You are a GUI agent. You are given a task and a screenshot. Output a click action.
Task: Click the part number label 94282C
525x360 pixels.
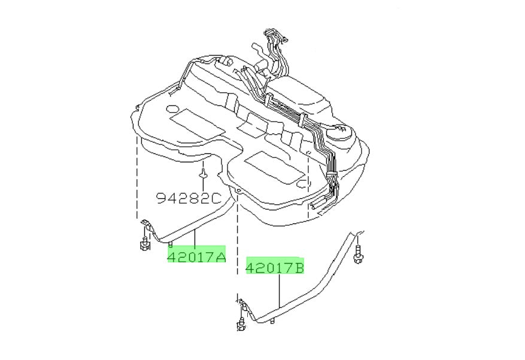(x=189, y=198)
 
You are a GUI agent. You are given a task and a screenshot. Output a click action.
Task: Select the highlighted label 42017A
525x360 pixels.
(x=196, y=257)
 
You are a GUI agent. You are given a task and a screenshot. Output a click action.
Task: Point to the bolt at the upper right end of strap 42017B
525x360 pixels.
(x=358, y=255)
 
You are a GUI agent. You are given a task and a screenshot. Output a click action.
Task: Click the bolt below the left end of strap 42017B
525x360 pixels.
(x=242, y=325)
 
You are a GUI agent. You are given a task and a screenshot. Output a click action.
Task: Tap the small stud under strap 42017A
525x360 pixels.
(x=171, y=244)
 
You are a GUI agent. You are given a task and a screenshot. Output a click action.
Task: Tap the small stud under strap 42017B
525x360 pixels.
(x=271, y=323)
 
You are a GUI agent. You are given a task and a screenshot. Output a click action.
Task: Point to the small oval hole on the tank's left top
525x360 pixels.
(x=171, y=110)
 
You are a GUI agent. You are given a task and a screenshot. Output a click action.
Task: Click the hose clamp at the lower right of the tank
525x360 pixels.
(x=328, y=175)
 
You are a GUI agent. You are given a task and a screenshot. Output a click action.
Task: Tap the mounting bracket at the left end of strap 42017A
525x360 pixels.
(x=146, y=226)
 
